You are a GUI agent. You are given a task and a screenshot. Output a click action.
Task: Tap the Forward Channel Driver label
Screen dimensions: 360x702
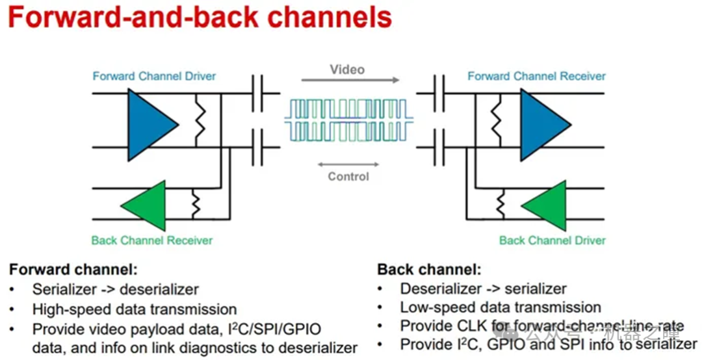coord(154,76)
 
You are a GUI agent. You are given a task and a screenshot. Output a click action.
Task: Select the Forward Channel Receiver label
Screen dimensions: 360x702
coord(536,76)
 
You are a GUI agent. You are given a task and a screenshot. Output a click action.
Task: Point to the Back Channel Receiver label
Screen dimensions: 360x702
coord(152,240)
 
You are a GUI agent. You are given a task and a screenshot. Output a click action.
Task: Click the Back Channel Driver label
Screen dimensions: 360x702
coord(552,240)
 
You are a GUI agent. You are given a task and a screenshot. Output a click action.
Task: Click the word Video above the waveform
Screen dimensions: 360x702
coord(347,69)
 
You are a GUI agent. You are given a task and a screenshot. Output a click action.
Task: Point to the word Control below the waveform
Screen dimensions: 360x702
coord(348,176)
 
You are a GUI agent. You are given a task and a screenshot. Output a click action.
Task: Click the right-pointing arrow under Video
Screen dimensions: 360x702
coord(350,81)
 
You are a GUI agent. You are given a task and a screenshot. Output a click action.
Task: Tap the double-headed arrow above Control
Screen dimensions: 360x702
coord(348,164)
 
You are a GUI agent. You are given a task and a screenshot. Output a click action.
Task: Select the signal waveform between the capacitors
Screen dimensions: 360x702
coord(349,120)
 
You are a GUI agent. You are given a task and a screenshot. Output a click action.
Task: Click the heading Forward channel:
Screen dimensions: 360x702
coord(73,269)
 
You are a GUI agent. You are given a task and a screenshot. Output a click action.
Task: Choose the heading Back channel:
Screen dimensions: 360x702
coord(429,269)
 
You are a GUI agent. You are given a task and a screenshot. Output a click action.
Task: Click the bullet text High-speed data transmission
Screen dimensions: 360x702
coord(135,309)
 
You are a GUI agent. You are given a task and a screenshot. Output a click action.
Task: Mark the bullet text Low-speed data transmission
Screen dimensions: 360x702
coord(500,307)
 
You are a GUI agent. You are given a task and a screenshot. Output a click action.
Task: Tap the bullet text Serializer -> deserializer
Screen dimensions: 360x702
coord(116,289)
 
